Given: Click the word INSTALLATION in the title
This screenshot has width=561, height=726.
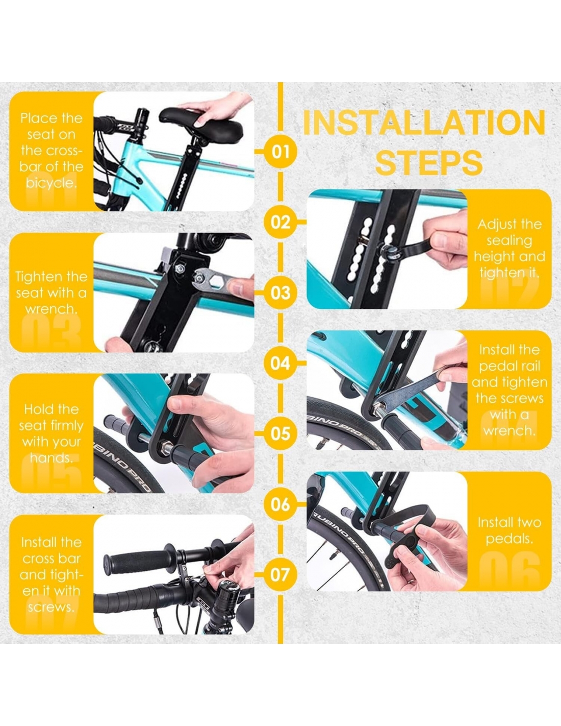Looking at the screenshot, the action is [x=424, y=123].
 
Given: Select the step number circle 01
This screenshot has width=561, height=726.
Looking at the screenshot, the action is [x=280, y=152].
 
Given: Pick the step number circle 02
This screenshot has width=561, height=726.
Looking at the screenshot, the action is [x=280, y=222].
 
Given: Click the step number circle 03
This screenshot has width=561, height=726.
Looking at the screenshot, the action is [x=280, y=293].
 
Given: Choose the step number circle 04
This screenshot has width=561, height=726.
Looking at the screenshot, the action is [x=280, y=363].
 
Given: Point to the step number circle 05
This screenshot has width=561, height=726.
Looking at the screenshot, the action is [x=280, y=433].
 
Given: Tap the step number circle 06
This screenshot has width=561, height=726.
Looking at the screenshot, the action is [x=280, y=504].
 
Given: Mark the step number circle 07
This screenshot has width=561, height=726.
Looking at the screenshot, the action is [x=280, y=575].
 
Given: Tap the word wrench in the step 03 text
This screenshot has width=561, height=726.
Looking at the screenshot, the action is [x=50, y=309].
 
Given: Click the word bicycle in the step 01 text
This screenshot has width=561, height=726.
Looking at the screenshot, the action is [x=52, y=183].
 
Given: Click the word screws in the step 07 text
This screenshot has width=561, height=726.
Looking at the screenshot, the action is [x=50, y=607].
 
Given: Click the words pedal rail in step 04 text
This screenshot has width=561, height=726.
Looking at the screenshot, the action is [x=509, y=366].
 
